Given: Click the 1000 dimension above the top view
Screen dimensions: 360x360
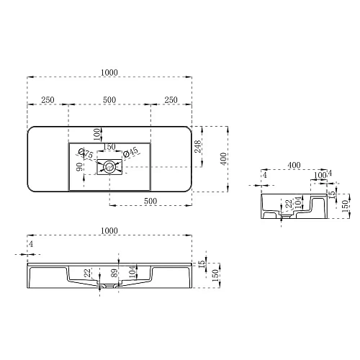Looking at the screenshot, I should click(109, 72).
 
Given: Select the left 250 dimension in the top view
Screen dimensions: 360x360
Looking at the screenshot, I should click(47, 100).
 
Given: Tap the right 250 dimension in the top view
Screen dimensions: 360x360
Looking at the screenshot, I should click(171, 100).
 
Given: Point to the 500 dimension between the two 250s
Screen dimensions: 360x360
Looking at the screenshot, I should click(109, 100).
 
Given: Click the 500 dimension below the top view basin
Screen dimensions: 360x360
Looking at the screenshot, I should click(150, 201).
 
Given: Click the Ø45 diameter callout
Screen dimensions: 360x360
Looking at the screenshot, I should click(131, 152).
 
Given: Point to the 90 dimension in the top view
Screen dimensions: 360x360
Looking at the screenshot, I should click(79, 167).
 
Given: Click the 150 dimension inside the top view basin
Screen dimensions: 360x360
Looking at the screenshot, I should click(109, 147).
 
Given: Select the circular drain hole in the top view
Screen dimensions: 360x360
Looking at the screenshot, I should click(109, 167).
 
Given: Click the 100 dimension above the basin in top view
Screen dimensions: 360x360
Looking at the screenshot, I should click(96, 133).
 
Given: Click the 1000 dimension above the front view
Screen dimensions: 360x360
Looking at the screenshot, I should click(109, 230).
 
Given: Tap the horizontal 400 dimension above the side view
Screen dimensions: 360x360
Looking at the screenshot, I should click(294, 166).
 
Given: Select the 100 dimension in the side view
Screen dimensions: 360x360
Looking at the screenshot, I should click(318, 175).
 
